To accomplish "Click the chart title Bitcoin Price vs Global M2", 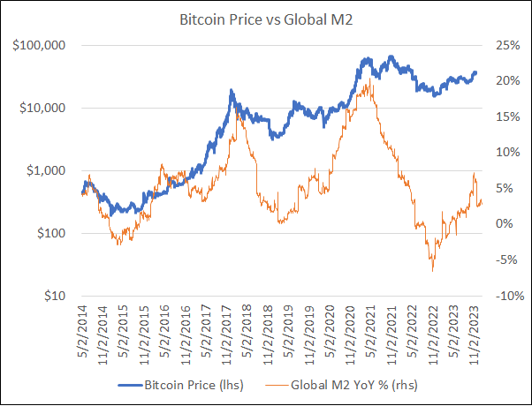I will coord(266,18).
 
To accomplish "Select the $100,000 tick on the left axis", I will coord(43,45).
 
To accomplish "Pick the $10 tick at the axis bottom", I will coord(56,296).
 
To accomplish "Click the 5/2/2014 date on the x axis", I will coord(83,333).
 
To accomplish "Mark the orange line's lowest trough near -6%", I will coord(432,270).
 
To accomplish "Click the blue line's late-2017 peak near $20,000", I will coord(232,90).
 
